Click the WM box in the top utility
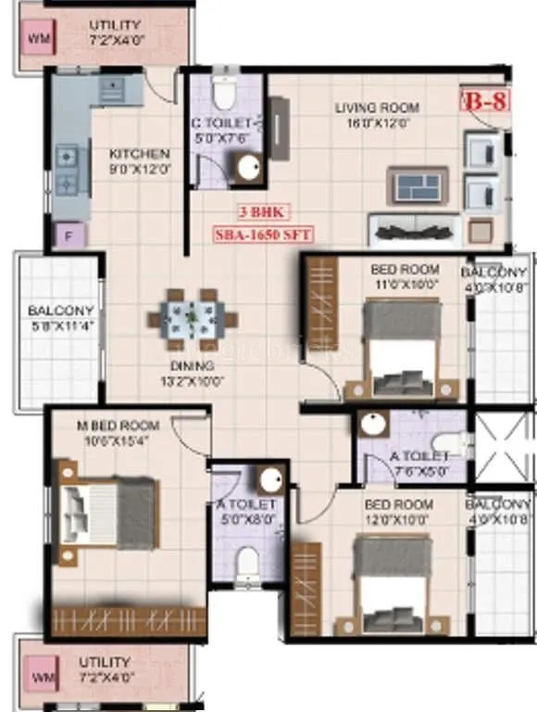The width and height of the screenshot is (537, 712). coord(38,39)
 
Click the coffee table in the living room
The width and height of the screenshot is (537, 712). coord(417,184)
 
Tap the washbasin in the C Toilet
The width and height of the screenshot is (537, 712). coord(247,168)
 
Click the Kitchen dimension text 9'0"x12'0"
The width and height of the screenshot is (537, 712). coord(139,170)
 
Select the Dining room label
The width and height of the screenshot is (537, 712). coord(192,365)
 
